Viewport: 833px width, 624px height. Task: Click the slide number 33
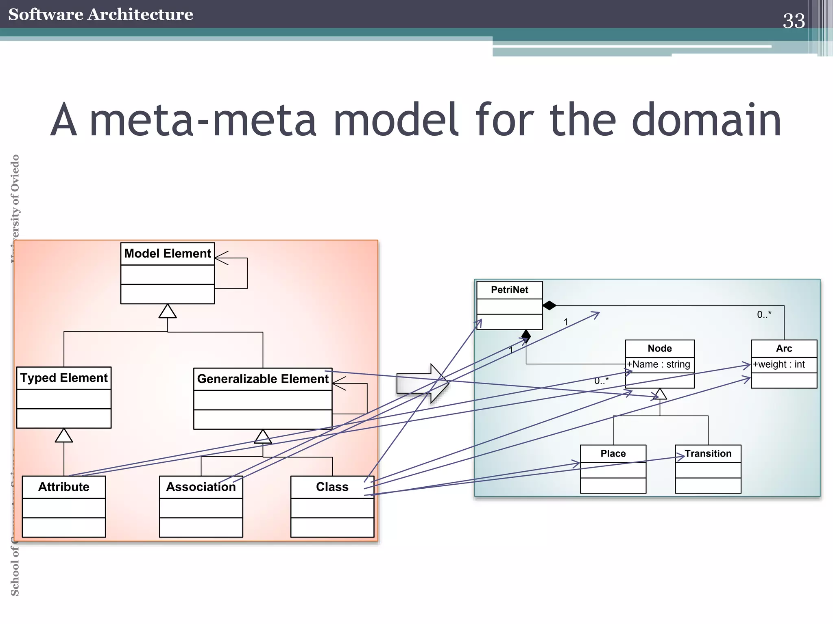[x=794, y=21]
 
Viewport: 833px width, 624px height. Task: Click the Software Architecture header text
[x=100, y=14]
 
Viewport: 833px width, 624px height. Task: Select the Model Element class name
[x=168, y=253]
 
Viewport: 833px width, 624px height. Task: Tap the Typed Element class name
[x=64, y=378]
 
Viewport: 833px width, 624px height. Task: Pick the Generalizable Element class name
[x=263, y=379]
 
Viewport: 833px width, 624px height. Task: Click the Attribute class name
[x=64, y=487]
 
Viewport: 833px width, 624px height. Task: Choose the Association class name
[x=201, y=487]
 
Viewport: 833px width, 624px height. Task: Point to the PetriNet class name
[x=509, y=290]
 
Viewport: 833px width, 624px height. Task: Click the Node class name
[x=659, y=348]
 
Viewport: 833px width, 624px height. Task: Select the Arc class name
[x=784, y=348]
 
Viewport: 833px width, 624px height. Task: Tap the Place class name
[x=613, y=453]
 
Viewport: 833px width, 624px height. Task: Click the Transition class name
[x=708, y=453]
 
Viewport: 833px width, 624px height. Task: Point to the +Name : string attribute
[x=659, y=364]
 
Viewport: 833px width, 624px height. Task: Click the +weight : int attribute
[x=778, y=364]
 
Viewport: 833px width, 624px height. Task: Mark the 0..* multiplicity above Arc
[x=764, y=314]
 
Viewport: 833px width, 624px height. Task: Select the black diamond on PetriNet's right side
[x=550, y=305]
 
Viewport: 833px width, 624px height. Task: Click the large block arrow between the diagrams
[x=421, y=383]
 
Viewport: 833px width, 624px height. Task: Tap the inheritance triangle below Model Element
[x=168, y=312]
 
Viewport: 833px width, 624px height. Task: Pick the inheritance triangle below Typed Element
[x=64, y=436]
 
